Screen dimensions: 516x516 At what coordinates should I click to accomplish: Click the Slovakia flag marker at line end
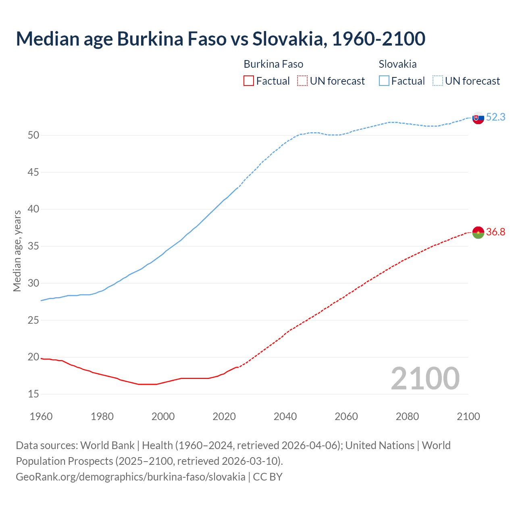[478, 118]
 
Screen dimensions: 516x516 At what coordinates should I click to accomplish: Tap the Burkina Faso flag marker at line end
[478, 232]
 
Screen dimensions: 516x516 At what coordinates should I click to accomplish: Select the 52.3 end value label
[495, 117]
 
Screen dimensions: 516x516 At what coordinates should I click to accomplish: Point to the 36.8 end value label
[495, 232]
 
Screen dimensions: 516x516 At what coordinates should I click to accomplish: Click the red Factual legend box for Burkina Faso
[249, 81]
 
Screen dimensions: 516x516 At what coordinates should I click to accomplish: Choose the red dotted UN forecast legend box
[302, 81]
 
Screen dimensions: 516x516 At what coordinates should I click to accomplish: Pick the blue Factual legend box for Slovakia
[384, 81]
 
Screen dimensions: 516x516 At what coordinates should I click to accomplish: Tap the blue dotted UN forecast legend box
[437, 81]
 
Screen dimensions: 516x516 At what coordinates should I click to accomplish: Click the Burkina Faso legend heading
[273, 64]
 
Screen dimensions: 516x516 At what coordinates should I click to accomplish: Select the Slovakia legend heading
[397, 64]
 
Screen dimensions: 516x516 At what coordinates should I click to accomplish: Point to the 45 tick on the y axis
[33, 173]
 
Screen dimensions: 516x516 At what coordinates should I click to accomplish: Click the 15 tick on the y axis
[33, 394]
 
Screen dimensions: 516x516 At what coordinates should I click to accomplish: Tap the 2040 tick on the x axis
[285, 416]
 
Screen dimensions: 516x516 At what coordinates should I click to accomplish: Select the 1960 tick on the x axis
[41, 416]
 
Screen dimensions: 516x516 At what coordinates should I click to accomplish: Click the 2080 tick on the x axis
[407, 416]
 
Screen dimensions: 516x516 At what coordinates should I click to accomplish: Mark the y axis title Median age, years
[17, 251]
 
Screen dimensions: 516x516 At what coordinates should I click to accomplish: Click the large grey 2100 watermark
[425, 378]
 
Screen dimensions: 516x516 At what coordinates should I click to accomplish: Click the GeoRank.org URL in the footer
[130, 476]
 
